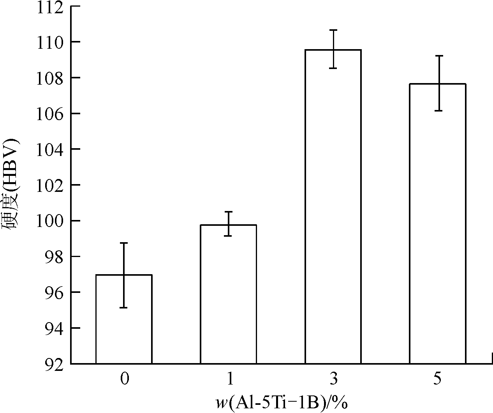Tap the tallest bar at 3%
coord(333,207)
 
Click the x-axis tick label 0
coord(124,379)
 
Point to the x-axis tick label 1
coord(229,379)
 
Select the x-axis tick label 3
coord(333,379)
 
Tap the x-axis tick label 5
coord(438,379)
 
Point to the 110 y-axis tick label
coord(49,42)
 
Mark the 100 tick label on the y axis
coord(49,221)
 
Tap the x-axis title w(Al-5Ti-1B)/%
coord(282,403)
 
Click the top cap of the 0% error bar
coord(124,243)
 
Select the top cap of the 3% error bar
coord(333,30)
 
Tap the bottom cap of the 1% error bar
coord(228,236)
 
